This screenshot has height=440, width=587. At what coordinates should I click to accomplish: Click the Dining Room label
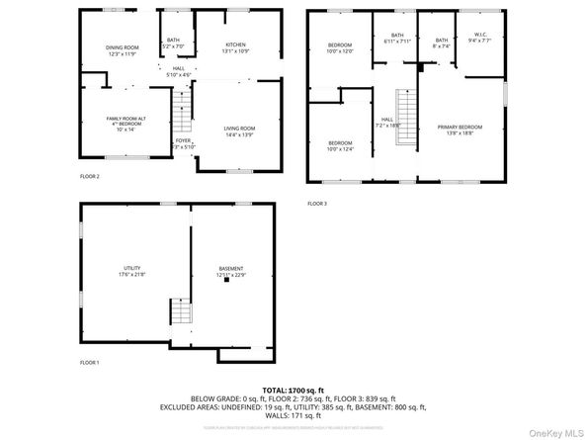pos(123,48)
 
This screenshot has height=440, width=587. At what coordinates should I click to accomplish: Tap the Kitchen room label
pos(235,46)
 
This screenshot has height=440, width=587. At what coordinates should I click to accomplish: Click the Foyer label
pos(183,141)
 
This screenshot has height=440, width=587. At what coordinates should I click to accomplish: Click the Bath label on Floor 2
pos(173,43)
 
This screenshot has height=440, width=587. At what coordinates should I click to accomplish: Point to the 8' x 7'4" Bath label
pos(441,43)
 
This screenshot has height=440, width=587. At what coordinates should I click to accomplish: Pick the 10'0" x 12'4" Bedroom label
pos(340,144)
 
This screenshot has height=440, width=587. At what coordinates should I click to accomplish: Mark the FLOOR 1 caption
pos(90,363)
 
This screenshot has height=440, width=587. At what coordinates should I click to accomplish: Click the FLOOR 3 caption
pos(316,204)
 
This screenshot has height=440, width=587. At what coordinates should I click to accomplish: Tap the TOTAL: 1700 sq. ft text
pos(293,392)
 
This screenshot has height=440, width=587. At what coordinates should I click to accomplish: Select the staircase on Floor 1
pos(180,313)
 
